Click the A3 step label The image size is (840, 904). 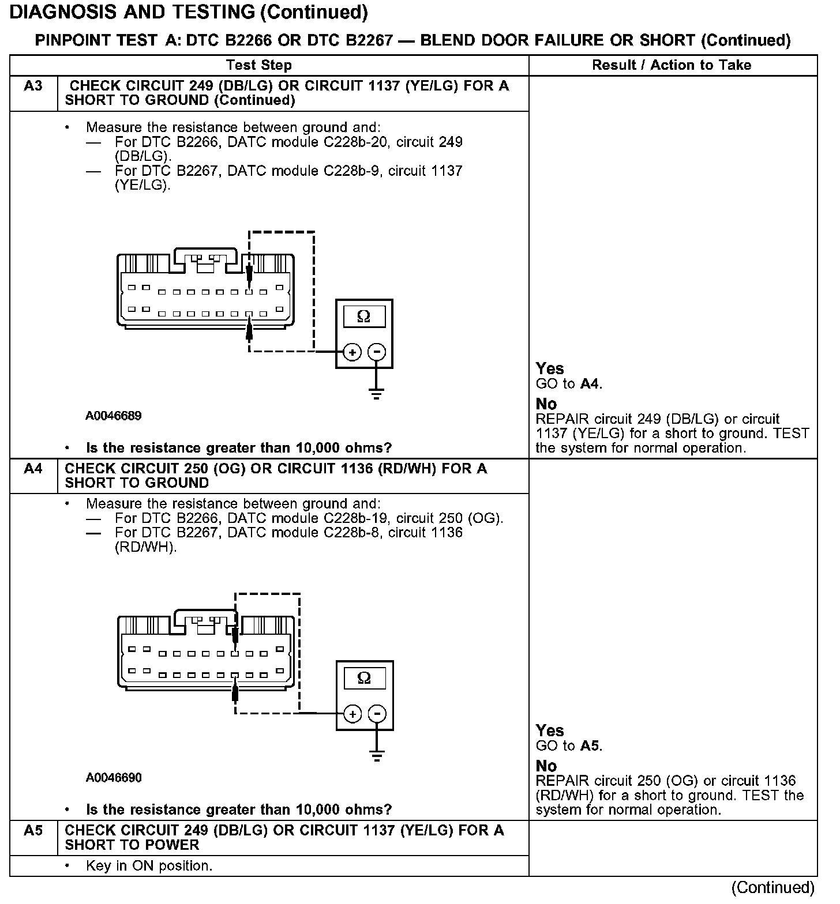pyautogui.click(x=33, y=86)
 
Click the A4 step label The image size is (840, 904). pyautogui.click(x=33, y=469)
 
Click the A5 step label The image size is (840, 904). pyautogui.click(x=33, y=831)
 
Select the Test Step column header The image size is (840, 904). pyautogui.click(x=259, y=65)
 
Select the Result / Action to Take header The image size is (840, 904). pyautogui.click(x=672, y=65)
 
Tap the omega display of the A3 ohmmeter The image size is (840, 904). pyautogui.click(x=363, y=317)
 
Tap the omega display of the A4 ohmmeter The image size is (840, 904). pyautogui.click(x=364, y=678)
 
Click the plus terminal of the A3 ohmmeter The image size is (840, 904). pyautogui.click(x=352, y=352)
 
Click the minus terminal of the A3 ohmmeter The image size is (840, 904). pyautogui.click(x=377, y=352)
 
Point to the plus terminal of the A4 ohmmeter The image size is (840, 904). pyautogui.click(x=352, y=714)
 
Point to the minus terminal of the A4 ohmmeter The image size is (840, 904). pyautogui.click(x=377, y=714)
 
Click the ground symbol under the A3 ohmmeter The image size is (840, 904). pyautogui.click(x=377, y=395)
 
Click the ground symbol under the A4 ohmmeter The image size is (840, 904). pyautogui.click(x=377, y=756)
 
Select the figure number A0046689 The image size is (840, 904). pyautogui.click(x=114, y=416)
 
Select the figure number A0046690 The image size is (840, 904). pyautogui.click(x=114, y=778)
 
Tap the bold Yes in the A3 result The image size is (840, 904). pyautogui.click(x=549, y=369)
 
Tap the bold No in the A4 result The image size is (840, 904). pyautogui.click(x=546, y=766)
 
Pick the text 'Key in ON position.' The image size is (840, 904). pyautogui.click(x=149, y=866)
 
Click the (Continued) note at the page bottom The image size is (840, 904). pyautogui.click(x=773, y=888)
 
